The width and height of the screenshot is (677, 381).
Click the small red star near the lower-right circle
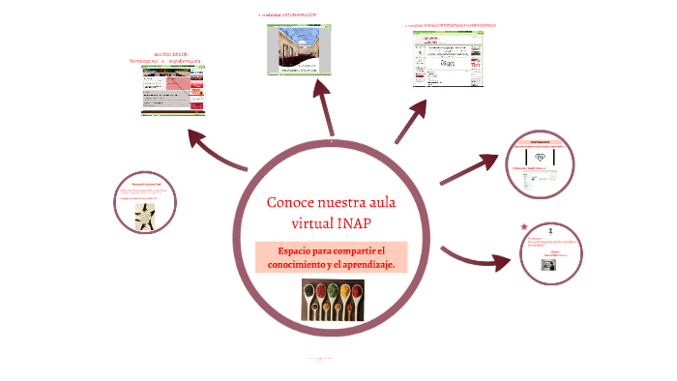pyautogui.click(x=524, y=226)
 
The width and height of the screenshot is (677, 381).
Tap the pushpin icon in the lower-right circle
pyautogui.click(x=548, y=231)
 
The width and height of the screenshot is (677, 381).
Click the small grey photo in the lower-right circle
pyautogui.click(x=548, y=264)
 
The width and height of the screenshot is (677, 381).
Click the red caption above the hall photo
pyautogui.click(x=288, y=16)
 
